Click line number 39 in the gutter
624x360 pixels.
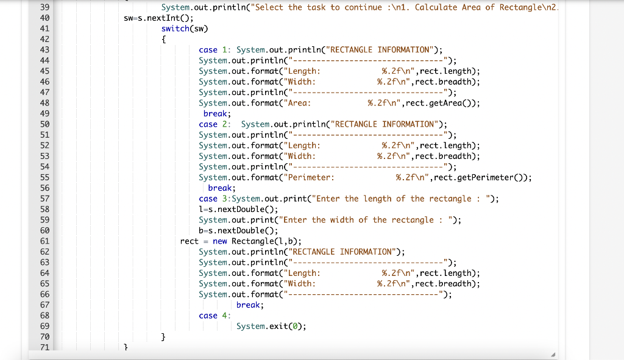tap(44, 7)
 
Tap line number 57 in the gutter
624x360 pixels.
tap(44, 199)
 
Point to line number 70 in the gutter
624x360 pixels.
tap(44, 337)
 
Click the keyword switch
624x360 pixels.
tap(174, 29)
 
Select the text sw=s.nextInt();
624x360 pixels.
tap(154, 18)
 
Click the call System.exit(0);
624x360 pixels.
tap(271, 326)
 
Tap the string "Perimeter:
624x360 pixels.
tap(311, 177)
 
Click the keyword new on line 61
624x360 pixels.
tap(220, 241)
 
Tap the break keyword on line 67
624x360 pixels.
tap(250, 305)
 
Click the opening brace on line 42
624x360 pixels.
tap(164, 39)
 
